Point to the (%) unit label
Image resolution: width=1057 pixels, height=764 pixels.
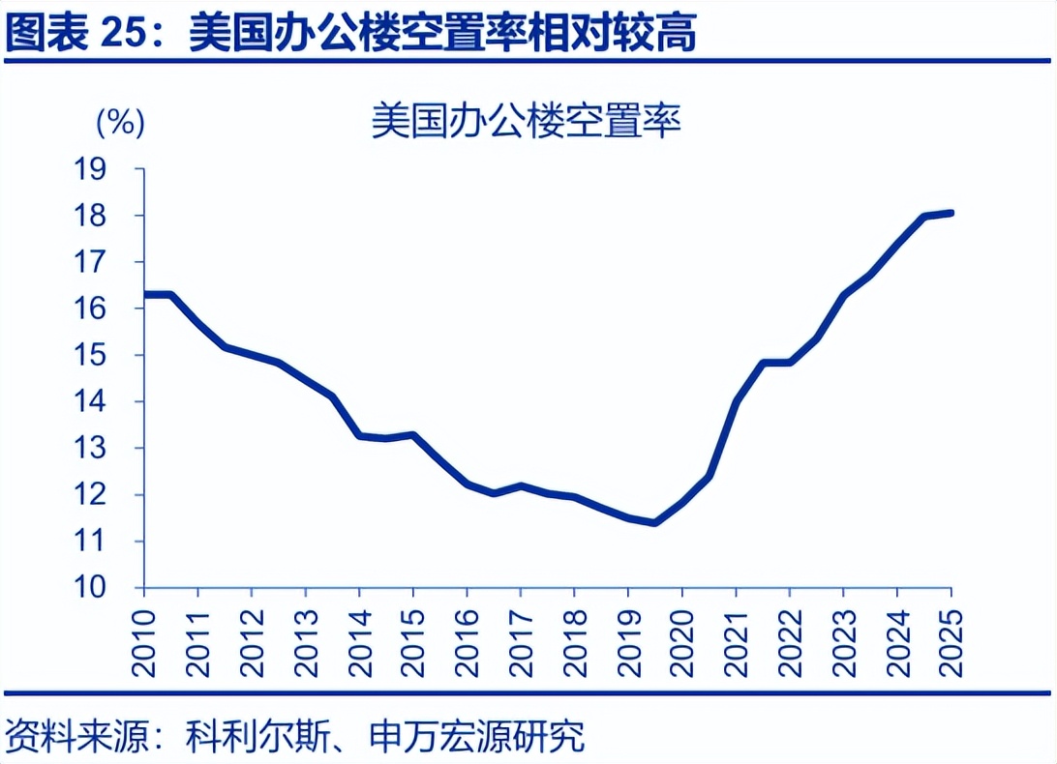pyautogui.click(x=120, y=123)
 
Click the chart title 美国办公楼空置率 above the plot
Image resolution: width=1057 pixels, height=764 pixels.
pyautogui.click(x=527, y=123)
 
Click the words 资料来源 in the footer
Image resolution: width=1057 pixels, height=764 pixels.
pyautogui.click(x=74, y=737)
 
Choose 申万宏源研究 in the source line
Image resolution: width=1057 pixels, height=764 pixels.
pyautogui.click(x=478, y=737)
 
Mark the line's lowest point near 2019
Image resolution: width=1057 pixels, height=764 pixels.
pyautogui.click(x=655, y=522)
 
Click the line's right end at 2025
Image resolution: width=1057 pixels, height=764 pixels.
pyautogui.click(x=951, y=213)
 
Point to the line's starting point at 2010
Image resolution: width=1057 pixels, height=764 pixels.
pyautogui.click(x=146, y=294)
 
